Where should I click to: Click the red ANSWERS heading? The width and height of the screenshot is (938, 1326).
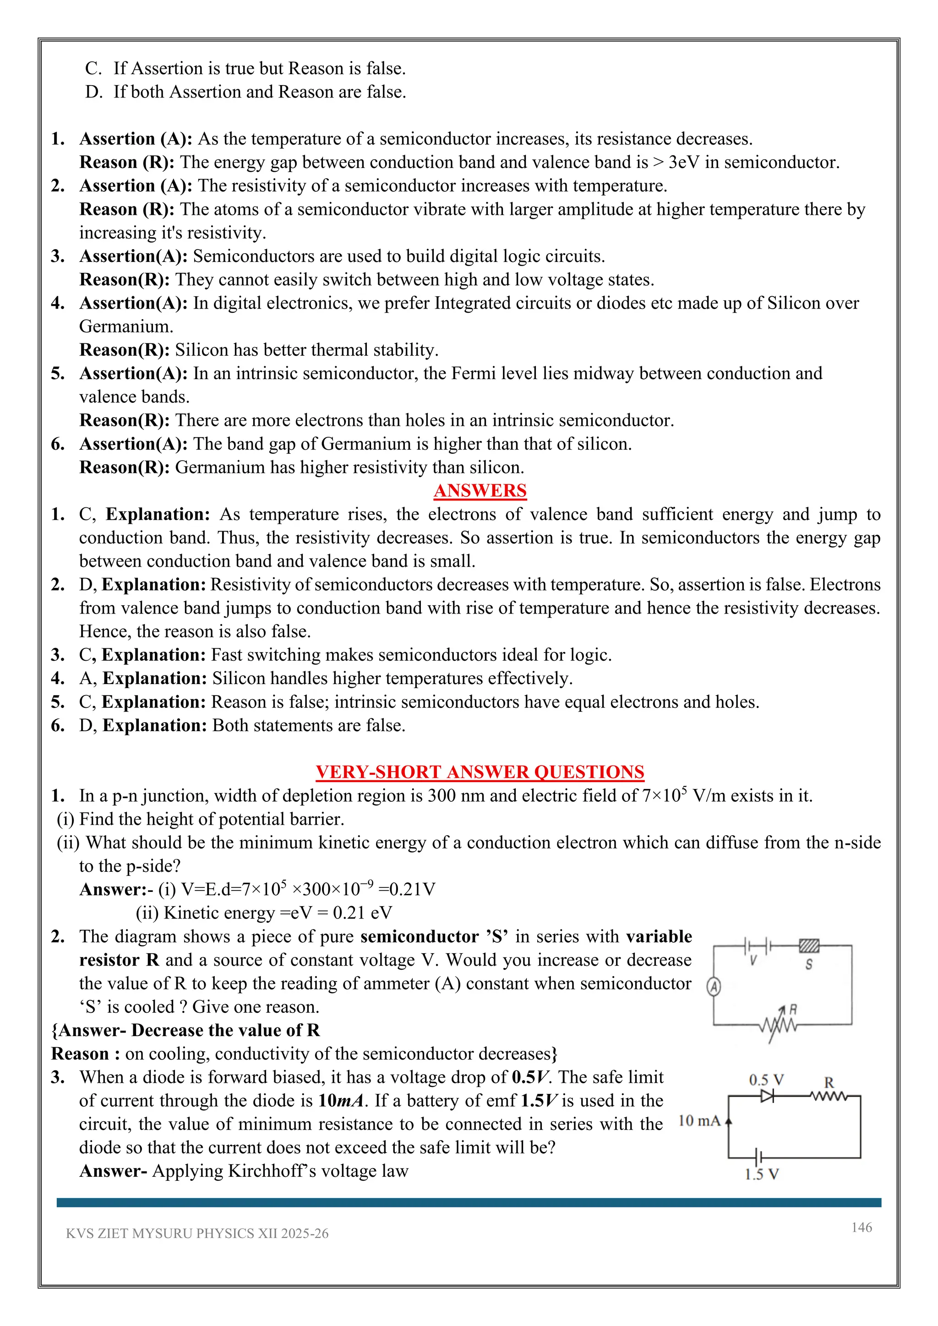tap(480, 490)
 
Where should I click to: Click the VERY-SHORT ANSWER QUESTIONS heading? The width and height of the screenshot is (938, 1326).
tap(480, 772)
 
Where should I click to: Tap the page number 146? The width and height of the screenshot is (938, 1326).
tap(861, 1227)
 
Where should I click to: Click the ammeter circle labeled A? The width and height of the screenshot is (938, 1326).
tap(714, 987)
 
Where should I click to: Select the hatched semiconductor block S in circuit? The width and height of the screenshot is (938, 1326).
tap(809, 946)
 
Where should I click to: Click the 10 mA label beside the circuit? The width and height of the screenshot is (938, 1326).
tap(699, 1120)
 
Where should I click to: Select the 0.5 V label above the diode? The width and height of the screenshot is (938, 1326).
tap(766, 1079)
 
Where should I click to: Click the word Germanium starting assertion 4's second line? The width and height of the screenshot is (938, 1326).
tap(126, 326)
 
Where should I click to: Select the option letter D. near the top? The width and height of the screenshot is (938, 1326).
tap(93, 92)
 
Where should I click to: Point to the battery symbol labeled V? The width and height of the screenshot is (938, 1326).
tap(756, 946)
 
